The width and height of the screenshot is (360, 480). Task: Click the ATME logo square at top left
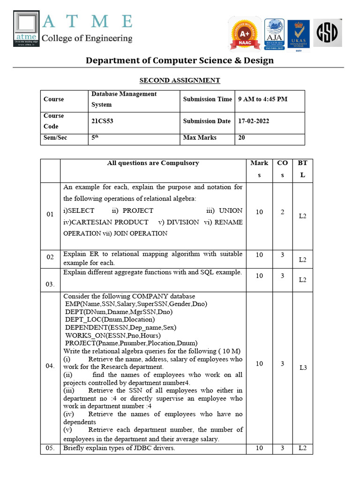click(27, 29)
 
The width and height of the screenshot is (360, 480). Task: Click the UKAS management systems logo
click(298, 34)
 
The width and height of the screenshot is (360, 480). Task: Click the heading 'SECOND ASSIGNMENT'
click(180, 80)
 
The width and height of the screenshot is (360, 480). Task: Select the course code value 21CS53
click(103, 121)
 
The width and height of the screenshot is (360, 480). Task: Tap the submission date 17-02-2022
click(254, 121)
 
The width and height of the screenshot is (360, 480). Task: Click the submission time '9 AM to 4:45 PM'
click(262, 99)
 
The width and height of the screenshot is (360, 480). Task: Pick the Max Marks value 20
click(242, 138)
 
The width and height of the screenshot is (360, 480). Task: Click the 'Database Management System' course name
click(124, 99)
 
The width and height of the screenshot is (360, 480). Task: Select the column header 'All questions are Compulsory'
click(153, 163)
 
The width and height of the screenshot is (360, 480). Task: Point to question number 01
click(50, 215)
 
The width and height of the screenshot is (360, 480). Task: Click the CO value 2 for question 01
click(282, 212)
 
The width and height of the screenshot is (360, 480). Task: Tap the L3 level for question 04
click(303, 368)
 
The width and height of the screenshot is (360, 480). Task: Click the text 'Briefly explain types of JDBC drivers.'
click(119, 448)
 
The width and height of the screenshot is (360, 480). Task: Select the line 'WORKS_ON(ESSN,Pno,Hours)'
click(113, 336)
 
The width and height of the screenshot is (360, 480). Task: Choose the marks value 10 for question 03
click(259, 276)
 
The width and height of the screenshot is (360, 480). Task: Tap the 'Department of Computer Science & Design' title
click(180, 60)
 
